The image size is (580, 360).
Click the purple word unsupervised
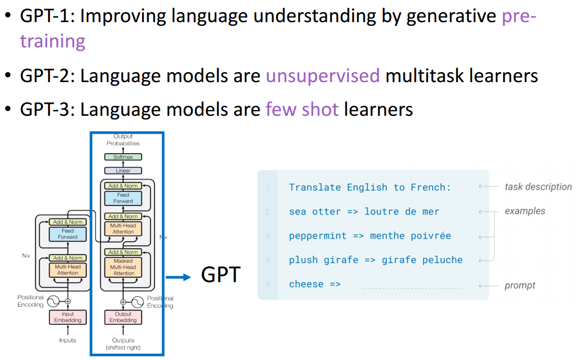(323, 76)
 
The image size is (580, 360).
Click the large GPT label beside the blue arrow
(221, 275)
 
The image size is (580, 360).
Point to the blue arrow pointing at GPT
(178, 277)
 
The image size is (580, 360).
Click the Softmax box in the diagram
(123, 157)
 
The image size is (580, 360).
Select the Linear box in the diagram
(123, 171)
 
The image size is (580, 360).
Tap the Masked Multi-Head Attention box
(124, 267)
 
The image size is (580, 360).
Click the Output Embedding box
(123, 317)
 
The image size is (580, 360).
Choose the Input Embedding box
(68, 317)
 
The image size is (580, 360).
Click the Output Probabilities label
(123, 140)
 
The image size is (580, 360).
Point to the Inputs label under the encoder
(67, 341)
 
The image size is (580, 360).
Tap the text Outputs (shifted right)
(123, 344)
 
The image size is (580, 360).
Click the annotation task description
(538, 187)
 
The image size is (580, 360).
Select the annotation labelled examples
(525, 211)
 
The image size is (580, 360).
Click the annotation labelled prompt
(519, 285)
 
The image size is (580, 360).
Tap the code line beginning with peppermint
(369, 236)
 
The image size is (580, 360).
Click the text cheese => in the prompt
(315, 284)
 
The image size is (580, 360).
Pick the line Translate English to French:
(369, 187)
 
